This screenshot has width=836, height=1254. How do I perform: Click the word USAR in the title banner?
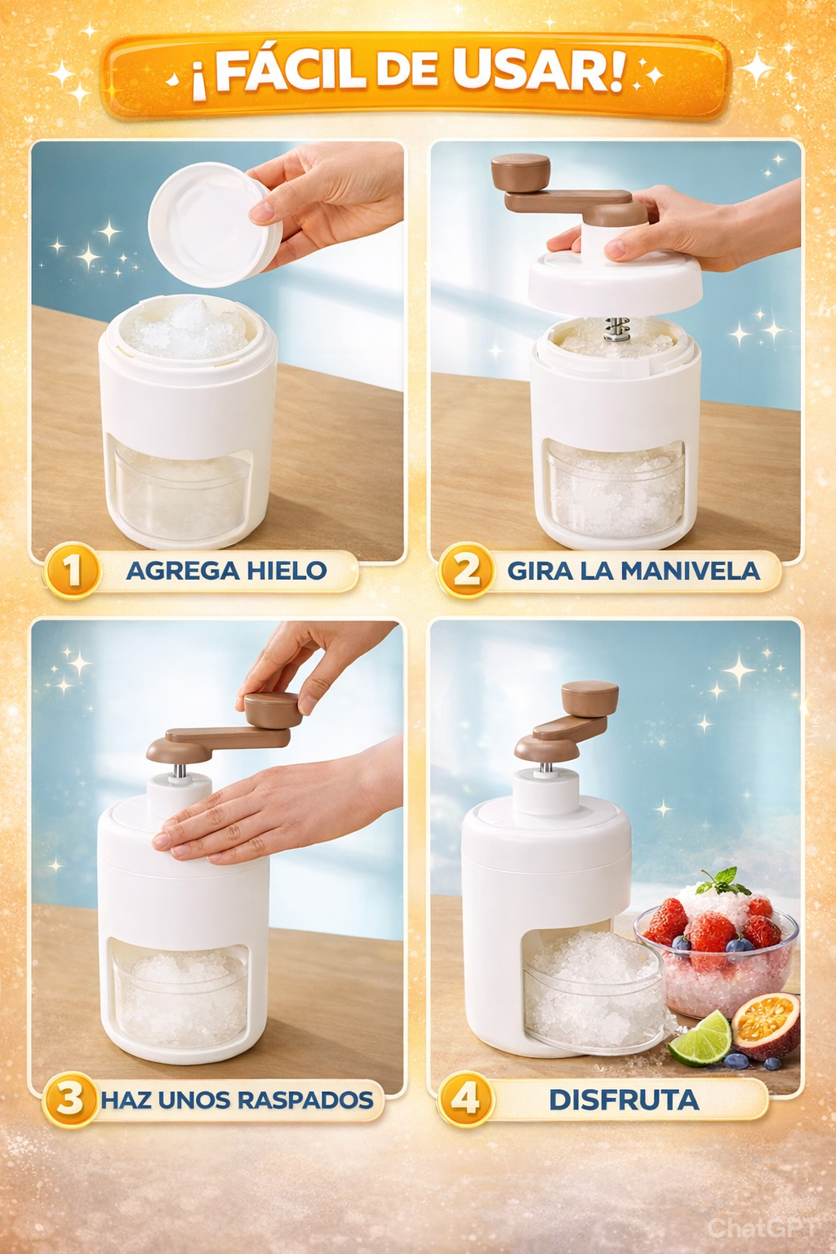point(536,70)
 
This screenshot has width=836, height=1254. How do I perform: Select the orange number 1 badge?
point(72,571)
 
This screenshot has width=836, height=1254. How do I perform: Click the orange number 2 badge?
point(466,571)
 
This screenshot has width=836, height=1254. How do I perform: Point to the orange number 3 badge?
point(70,1100)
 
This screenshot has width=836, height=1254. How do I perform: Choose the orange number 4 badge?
point(465,1100)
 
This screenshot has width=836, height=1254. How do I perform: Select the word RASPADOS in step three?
point(305,1100)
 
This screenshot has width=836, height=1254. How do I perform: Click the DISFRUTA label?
point(624,1100)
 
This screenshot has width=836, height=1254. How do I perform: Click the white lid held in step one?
point(215,224)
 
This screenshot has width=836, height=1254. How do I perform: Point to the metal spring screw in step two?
point(617,329)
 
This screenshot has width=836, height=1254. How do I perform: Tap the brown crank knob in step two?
point(520,172)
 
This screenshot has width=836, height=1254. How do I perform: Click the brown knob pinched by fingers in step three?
point(272,709)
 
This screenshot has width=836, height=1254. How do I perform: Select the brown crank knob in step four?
point(589,699)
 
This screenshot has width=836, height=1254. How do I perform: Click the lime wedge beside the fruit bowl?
point(700,1039)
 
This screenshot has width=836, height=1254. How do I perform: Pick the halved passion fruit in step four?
point(766,1025)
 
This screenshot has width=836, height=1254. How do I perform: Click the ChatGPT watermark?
point(762,1228)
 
